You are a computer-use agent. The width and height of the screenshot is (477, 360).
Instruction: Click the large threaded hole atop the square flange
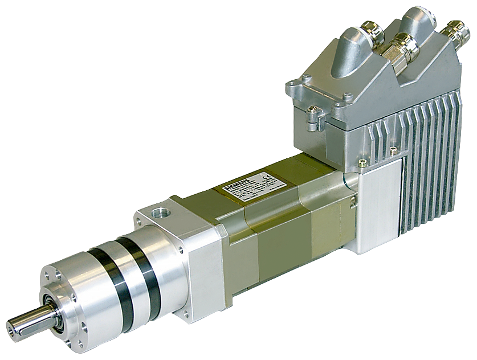click(x=158, y=214)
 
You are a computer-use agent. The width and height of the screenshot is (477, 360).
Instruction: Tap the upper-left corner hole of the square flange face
click(x=141, y=215)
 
